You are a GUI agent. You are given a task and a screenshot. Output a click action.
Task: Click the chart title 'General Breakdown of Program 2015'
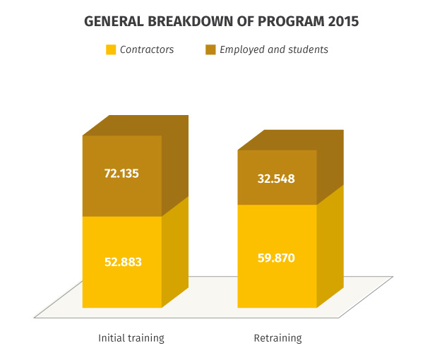(x=221, y=21)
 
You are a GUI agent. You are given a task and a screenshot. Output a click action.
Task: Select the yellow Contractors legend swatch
(x=111, y=49)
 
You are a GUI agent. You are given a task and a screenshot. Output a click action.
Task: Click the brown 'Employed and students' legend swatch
(x=210, y=49)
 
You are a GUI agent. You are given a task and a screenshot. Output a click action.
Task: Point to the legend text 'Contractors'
(x=147, y=49)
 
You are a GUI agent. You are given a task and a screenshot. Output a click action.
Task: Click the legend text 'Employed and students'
(x=274, y=49)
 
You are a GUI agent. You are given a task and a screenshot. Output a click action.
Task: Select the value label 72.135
(x=121, y=174)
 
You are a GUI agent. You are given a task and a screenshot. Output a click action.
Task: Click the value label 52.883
(x=123, y=262)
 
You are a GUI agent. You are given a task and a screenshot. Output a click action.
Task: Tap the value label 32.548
(x=276, y=179)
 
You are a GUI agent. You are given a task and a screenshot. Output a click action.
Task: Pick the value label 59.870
(x=276, y=258)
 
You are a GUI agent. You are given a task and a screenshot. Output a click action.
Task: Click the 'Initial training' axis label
(x=131, y=338)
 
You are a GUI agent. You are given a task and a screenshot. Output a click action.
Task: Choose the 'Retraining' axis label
(x=277, y=338)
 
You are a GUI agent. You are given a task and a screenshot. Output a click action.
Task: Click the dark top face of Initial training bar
(x=136, y=126)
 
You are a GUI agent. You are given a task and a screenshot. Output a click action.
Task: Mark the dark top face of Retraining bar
(x=291, y=140)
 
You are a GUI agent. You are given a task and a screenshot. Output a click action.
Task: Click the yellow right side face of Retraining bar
(x=330, y=246)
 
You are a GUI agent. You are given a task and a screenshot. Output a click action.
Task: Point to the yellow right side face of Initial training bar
(x=175, y=252)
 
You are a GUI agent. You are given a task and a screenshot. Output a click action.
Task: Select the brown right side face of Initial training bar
(x=175, y=166)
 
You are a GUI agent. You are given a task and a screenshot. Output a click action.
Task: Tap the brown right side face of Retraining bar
(x=330, y=167)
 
